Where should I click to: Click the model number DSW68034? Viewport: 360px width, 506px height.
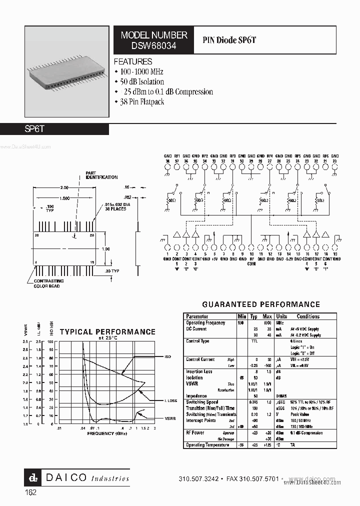tap(154, 45)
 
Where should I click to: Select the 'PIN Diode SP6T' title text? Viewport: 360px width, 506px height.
tap(229, 40)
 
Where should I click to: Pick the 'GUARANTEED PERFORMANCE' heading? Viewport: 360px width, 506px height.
tap(260, 304)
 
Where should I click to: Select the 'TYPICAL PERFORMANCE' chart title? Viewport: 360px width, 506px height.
tap(107, 331)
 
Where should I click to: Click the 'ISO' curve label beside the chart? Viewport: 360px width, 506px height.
tap(168, 356)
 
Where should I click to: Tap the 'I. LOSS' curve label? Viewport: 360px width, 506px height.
tap(171, 401)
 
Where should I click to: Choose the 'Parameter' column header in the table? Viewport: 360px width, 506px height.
tap(197, 316)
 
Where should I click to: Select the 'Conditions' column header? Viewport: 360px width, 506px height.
tap(308, 316)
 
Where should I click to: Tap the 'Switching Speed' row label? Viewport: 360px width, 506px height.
tap(202, 402)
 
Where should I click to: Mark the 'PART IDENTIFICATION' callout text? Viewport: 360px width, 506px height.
tap(101, 175)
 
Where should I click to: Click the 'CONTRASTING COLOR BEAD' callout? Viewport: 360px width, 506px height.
tap(47, 284)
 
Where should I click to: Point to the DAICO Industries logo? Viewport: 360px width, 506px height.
tap(77, 478)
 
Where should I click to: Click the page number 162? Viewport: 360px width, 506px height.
tap(30, 492)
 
